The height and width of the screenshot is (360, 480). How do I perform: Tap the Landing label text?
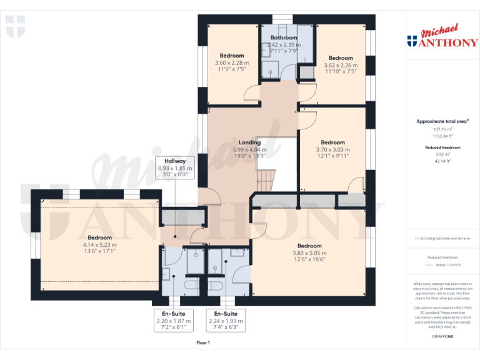click(x=249, y=143)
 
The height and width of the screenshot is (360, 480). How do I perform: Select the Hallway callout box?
click(x=175, y=167)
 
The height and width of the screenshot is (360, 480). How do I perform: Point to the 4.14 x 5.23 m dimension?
click(x=99, y=245)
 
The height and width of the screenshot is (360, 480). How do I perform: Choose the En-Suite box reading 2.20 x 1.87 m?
click(x=174, y=320)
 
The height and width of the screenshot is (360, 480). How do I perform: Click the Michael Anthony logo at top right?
click(x=442, y=37)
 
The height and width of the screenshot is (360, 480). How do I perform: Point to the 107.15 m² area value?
click(x=442, y=129)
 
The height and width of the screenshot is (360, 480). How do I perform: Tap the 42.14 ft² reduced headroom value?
click(x=442, y=161)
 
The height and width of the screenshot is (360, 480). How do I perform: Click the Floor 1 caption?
click(x=203, y=342)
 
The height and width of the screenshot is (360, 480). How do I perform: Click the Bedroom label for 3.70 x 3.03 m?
click(x=332, y=142)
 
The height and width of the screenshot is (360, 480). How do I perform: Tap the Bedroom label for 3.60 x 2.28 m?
click(x=232, y=56)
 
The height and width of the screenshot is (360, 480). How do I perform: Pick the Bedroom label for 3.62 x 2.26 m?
click(x=341, y=58)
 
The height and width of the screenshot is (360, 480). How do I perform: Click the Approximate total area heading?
click(x=442, y=121)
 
